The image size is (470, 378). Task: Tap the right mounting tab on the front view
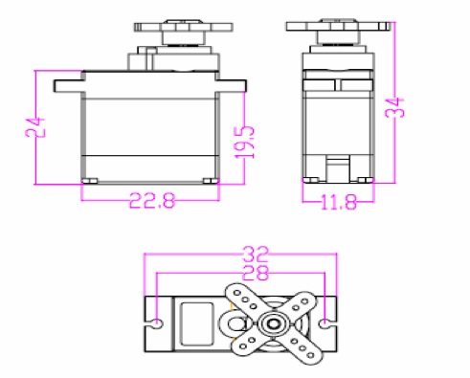coord(233,85)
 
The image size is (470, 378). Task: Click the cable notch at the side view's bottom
coord(338,168)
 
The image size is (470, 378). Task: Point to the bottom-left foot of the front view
coord(91,179)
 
